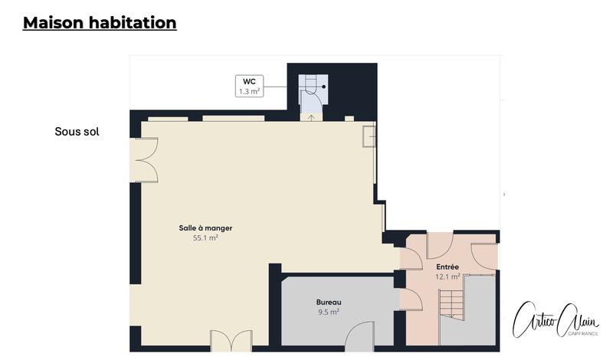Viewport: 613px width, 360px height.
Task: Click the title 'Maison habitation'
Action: [x=100, y=23]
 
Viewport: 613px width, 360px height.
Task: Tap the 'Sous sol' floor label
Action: [x=77, y=132]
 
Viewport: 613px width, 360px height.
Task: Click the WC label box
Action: [x=249, y=85]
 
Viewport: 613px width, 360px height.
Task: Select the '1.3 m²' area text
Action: [x=249, y=91]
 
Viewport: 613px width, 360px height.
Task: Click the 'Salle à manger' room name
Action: [x=205, y=228]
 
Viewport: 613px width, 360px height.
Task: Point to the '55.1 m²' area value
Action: [x=205, y=238]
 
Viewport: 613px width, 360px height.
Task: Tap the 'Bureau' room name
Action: [x=328, y=302]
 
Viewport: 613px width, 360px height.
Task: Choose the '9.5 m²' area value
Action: [x=328, y=312]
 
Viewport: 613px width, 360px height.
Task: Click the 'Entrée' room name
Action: [x=447, y=267]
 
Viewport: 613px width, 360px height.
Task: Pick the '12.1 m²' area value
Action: [x=447, y=277]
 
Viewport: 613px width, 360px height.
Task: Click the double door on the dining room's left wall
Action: [x=146, y=159]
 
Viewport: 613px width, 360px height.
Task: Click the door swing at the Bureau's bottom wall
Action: [x=357, y=334]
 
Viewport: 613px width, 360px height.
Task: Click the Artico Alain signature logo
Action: [x=555, y=317]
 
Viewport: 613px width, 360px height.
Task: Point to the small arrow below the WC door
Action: [x=311, y=117]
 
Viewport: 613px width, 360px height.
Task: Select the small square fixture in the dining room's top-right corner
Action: [x=369, y=135]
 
